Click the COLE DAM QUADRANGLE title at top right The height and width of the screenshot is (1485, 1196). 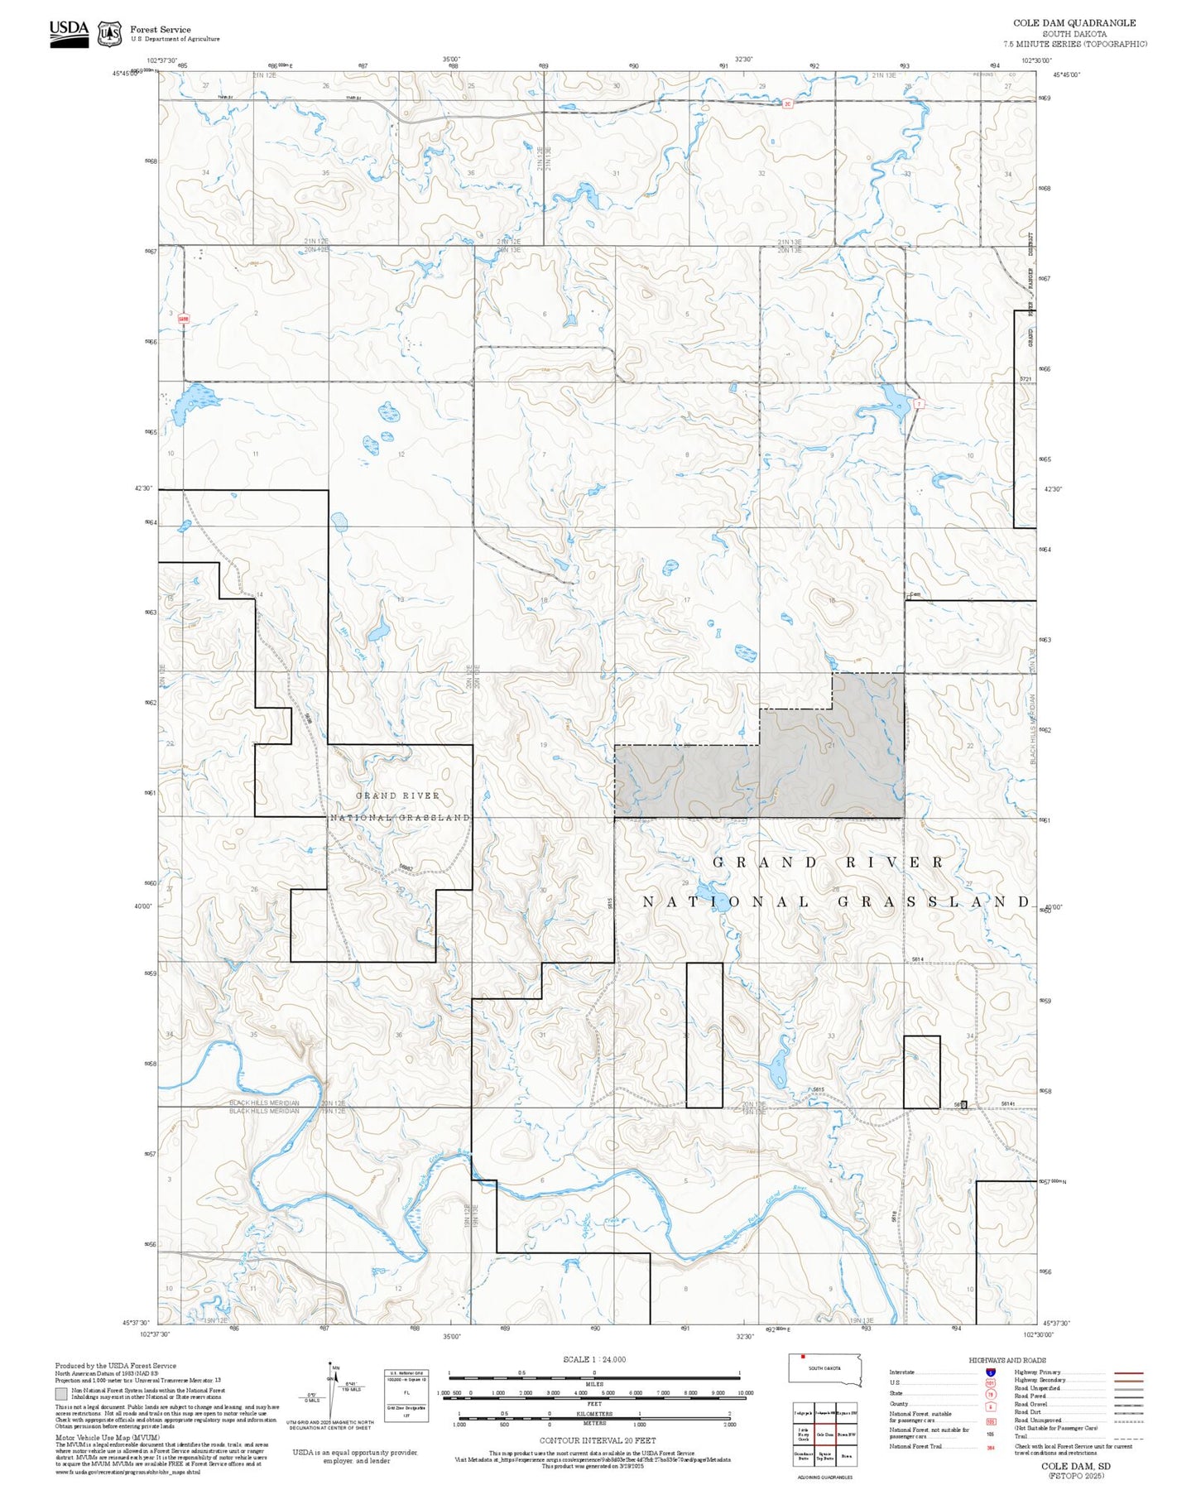pyautogui.click(x=1074, y=23)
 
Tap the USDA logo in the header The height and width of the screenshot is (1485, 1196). pyautogui.click(x=69, y=33)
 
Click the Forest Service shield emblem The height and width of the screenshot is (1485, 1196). pyautogui.click(x=109, y=34)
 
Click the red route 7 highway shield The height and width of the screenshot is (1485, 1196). pyautogui.click(x=918, y=403)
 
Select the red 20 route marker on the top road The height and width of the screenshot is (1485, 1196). pyautogui.click(x=788, y=103)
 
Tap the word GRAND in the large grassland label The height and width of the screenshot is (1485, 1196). pyautogui.click(x=764, y=863)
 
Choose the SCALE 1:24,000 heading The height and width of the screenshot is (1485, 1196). pyautogui.click(x=593, y=1359)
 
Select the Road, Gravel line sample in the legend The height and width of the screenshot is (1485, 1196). pyautogui.click(x=1128, y=1406)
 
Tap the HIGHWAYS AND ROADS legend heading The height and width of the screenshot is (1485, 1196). pyautogui.click(x=1006, y=1360)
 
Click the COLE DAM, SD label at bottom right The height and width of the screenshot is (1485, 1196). pyautogui.click(x=1075, y=1466)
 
